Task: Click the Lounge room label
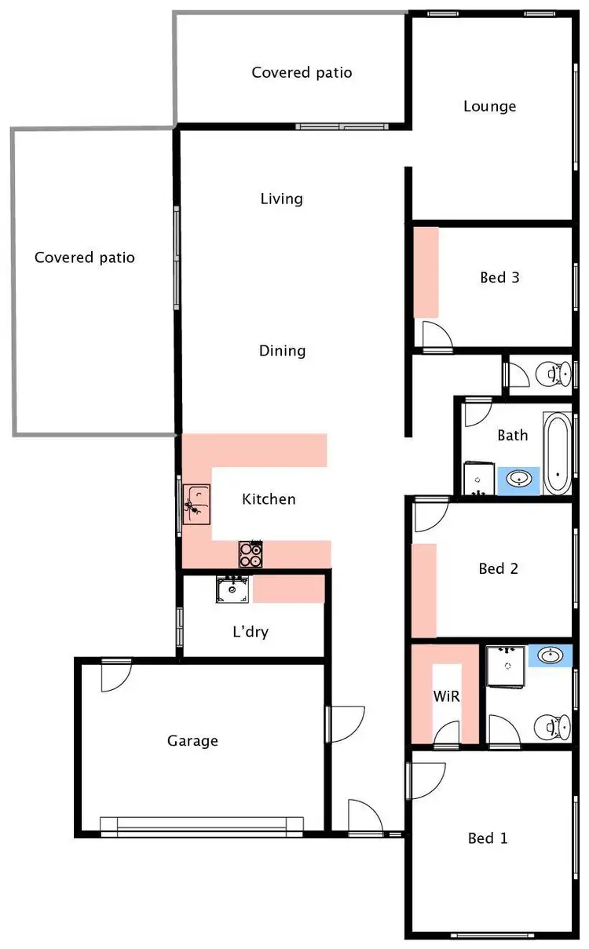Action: (489, 106)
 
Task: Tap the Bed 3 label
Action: (499, 277)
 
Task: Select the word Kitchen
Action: (269, 499)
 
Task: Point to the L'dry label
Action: (251, 631)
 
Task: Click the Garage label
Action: (192, 740)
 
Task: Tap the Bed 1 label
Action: (488, 838)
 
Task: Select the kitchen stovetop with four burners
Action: (251, 554)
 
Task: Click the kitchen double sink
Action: (197, 504)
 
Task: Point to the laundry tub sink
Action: (232, 589)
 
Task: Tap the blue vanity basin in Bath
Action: (519, 480)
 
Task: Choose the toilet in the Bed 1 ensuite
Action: (550, 728)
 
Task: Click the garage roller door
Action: (202, 824)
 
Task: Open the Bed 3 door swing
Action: (437, 334)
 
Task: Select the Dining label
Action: (282, 351)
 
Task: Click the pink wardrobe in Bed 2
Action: (424, 590)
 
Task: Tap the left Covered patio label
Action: (85, 257)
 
